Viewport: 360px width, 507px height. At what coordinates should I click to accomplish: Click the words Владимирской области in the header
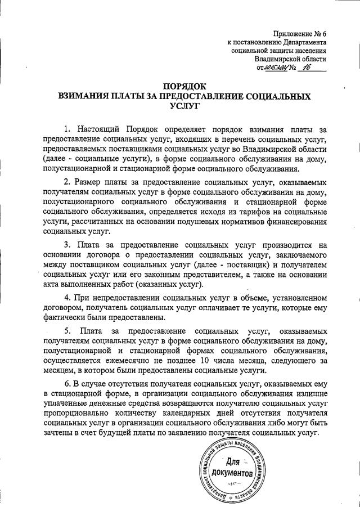[290, 59]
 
